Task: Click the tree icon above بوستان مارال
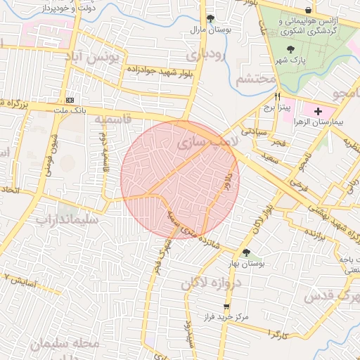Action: click(x=210, y=19)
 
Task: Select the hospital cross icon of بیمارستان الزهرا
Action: click(x=318, y=111)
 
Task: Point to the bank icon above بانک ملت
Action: click(x=70, y=100)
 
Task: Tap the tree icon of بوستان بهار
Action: click(x=245, y=252)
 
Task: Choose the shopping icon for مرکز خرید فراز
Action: click(x=226, y=307)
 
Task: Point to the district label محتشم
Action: click(x=254, y=78)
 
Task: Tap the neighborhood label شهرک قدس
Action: click(x=330, y=296)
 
